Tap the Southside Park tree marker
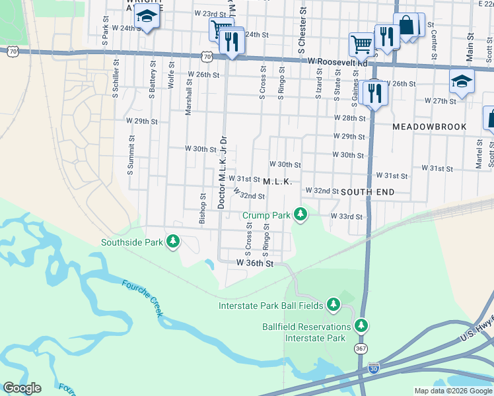[x=173, y=242]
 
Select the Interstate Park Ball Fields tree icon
[x=334, y=305]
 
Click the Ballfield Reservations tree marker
[x=361, y=326]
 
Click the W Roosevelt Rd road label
[x=337, y=61]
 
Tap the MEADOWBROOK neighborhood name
[x=429, y=126]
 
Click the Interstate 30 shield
[x=374, y=367]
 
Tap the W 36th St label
[x=255, y=263]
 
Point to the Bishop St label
[x=203, y=209]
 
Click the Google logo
[x=22, y=388]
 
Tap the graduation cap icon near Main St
[x=462, y=82]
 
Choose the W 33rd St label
[x=347, y=216]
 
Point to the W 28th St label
[x=349, y=117]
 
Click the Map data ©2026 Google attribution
[x=453, y=391]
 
